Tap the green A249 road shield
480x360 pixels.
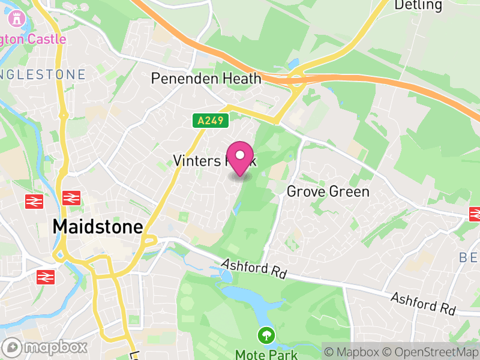(212, 121)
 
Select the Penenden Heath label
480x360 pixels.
(206, 79)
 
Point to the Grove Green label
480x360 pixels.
(328, 191)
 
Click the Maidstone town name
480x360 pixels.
(98, 226)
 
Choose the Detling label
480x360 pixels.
(418, 5)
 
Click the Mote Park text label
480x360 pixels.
(266, 354)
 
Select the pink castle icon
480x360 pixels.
(16, 20)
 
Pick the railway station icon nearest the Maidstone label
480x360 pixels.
(71, 197)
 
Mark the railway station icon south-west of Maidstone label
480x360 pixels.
(45, 277)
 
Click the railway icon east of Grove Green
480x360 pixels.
(475, 213)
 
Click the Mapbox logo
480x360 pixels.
(46, 347)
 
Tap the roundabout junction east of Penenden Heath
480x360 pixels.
(295, 79)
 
